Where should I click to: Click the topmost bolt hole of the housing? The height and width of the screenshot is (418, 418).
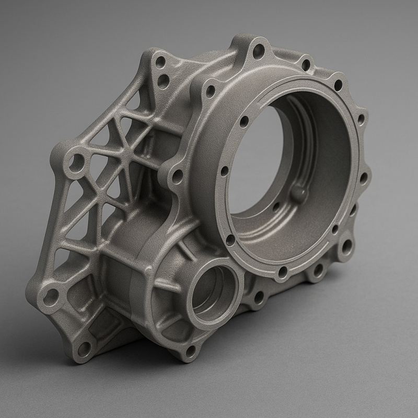point(259,51)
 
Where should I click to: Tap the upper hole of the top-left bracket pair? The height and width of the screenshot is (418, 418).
point(160,62)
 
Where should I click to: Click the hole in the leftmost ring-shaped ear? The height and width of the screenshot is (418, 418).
point(76,163)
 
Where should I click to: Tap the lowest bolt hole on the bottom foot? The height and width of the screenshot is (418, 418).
point(84,349)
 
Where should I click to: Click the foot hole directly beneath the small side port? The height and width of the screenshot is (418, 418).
point(191,349)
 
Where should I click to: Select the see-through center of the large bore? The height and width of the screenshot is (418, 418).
point(256,157)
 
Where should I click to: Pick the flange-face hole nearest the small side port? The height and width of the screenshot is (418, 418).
point(230,240)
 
